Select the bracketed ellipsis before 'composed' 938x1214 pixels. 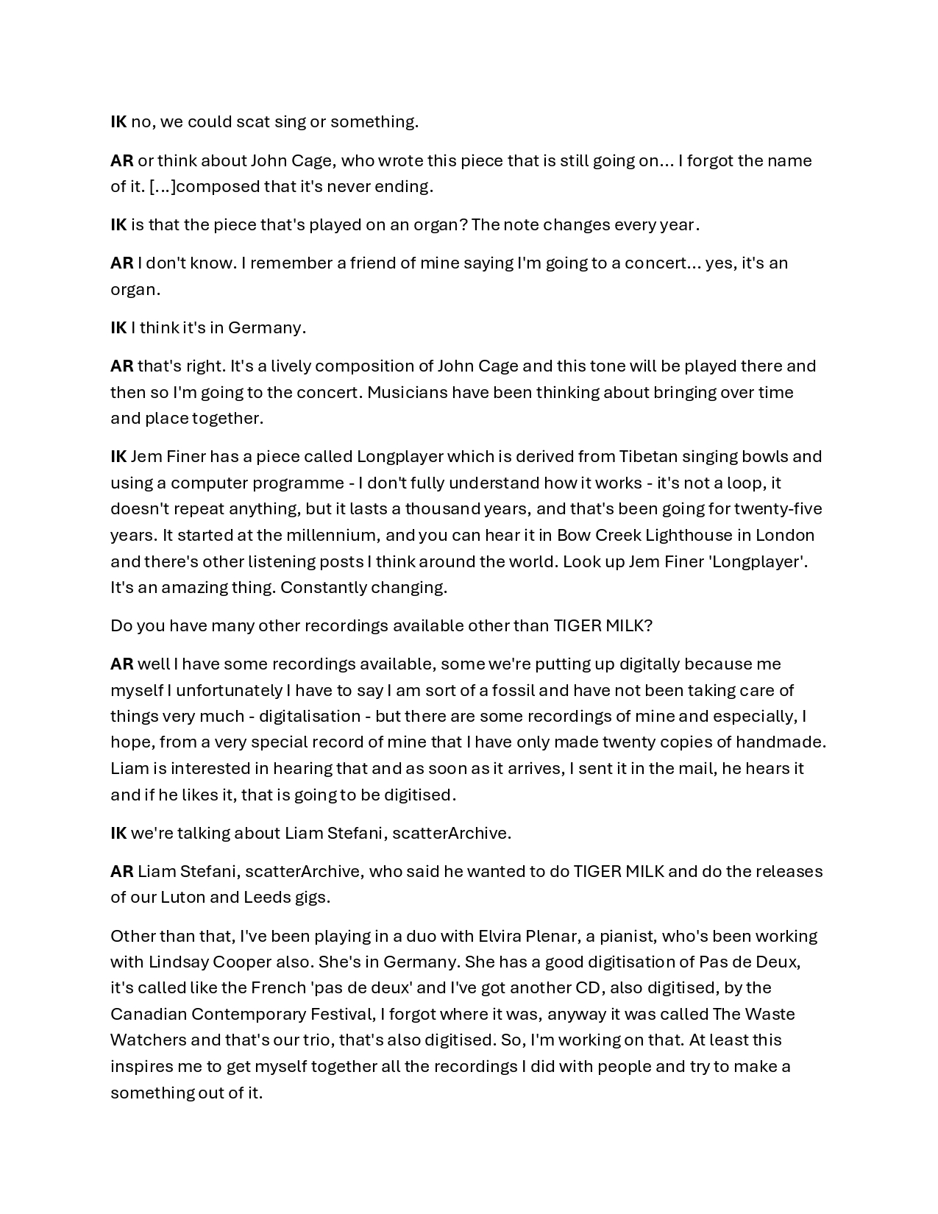[163, 187]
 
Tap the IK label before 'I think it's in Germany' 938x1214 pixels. [118, 328]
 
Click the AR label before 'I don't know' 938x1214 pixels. [122, 263]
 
